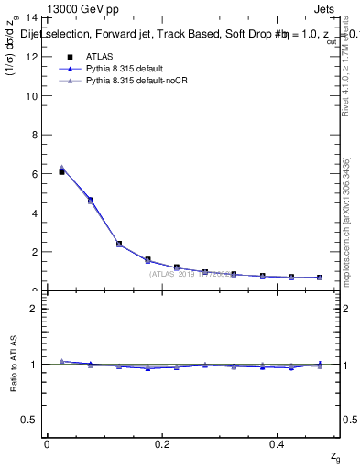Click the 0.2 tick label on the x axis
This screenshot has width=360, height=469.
tap(163, 444)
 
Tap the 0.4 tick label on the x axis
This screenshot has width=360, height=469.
tap(279, 444)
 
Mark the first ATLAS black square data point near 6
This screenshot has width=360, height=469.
tap(61, 171)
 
